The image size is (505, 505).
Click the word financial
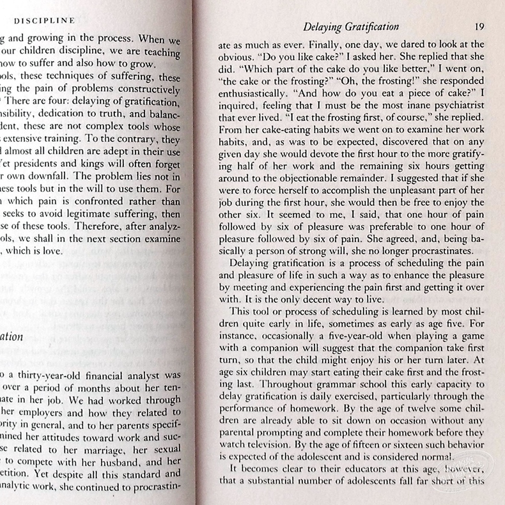pos(121,375)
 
